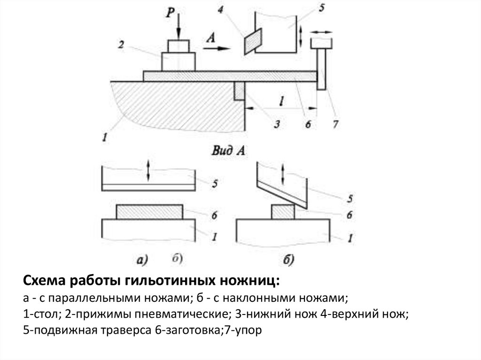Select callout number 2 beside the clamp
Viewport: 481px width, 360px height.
pos(121,45)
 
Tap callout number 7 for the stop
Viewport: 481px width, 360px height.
pos(335,124)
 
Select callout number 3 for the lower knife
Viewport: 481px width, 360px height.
pos(277,124)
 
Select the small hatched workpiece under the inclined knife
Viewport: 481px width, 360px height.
pos(284,212)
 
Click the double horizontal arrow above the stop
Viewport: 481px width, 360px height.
pos(321,32)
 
